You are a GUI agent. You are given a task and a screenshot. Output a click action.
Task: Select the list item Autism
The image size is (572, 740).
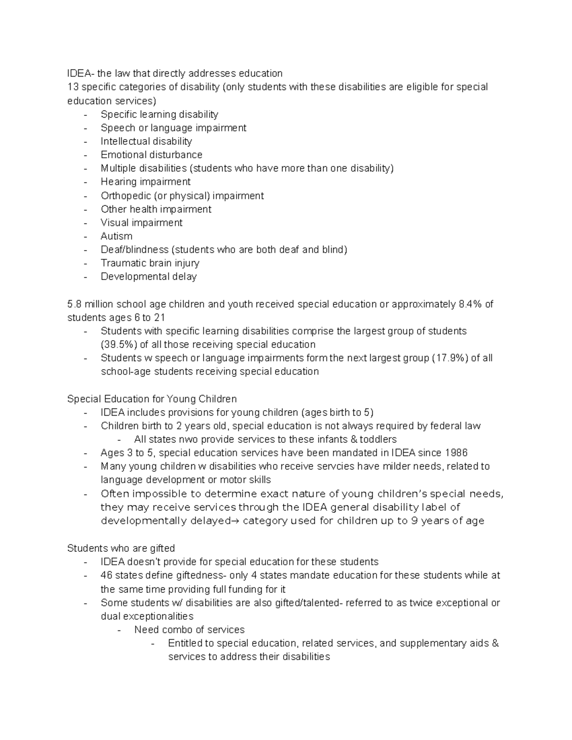(116, 236)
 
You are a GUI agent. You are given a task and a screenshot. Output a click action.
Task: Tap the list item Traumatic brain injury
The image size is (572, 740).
(150, 263)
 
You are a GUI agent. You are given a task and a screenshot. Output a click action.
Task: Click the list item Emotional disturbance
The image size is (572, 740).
(151, 155)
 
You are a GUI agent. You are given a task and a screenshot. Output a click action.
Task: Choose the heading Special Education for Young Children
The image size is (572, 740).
(152, 399)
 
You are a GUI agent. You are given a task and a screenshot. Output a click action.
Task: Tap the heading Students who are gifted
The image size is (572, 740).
(121, 548)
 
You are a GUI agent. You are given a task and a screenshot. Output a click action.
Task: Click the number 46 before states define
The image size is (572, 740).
(106, 575)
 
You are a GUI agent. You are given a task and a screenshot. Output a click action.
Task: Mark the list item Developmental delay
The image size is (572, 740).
(148, 277)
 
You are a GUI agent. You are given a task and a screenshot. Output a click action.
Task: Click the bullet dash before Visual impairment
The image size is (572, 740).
(86, 223)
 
